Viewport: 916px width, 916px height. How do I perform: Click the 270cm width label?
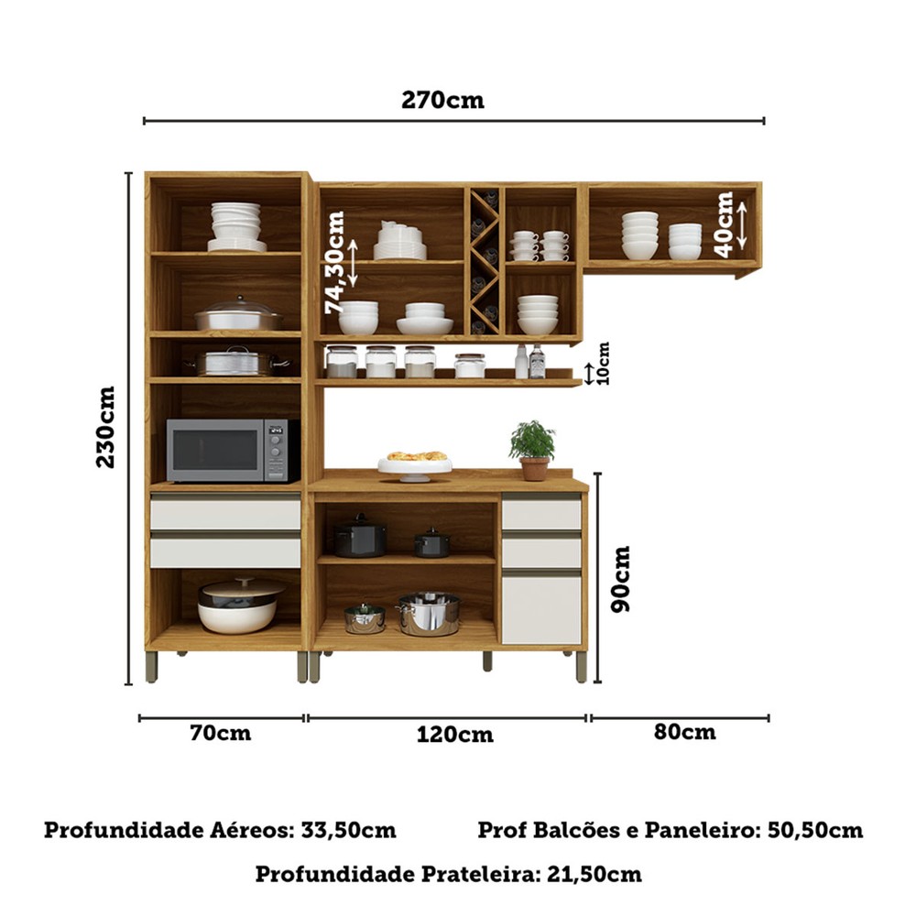[442, 101]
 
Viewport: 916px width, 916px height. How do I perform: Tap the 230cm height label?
[105, 427]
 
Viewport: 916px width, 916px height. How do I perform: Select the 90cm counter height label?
[620, 579]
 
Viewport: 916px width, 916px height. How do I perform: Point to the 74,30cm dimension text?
[334, 263]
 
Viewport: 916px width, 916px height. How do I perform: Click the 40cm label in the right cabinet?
[724, 224]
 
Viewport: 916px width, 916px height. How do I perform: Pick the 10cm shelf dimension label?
[603, 364]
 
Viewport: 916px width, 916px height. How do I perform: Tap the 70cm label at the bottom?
[221, 733]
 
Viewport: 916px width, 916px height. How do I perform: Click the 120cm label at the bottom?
[455, 734]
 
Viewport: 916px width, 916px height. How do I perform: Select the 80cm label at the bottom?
[684, 731]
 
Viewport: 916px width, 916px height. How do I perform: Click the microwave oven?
[233, 451]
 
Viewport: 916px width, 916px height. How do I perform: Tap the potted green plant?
[533, 450]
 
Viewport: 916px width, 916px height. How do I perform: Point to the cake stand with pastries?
[415, 465]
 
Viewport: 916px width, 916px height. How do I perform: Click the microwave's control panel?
[277, 450]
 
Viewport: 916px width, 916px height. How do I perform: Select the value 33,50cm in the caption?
[348, 830]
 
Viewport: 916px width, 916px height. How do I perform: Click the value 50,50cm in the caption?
[815, 830]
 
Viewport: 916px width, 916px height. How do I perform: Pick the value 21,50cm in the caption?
[594, 875]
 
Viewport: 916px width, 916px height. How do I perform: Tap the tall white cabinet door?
[541, 610]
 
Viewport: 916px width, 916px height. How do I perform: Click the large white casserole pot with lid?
[239, 605]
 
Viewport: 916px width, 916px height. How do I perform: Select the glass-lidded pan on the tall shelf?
[239, 313]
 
